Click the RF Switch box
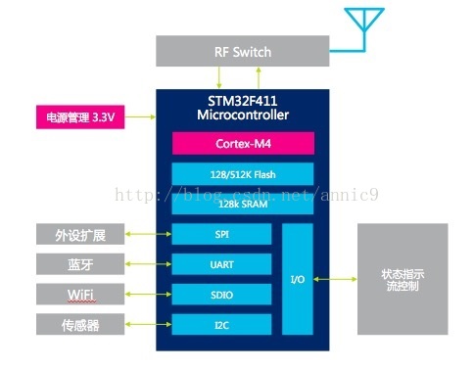pos(242,52)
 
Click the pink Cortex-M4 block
pos(242,144)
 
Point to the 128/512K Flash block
pos(242,174)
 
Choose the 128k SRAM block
pos(242,203)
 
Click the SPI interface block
pos(221,235)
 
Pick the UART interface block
pos(221,264)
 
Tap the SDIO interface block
pos(221,294)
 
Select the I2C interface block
pos(221,324)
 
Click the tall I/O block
pos(298,279)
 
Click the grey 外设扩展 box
pos(80,235)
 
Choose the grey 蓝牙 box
pos(80,264)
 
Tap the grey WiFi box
pos(80,294)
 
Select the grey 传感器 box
pos(80,324)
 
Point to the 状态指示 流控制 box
pos(402,279)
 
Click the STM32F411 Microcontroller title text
pos(242,109)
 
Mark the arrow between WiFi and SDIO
pos(147,294)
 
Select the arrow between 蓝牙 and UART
pos(147,264)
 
